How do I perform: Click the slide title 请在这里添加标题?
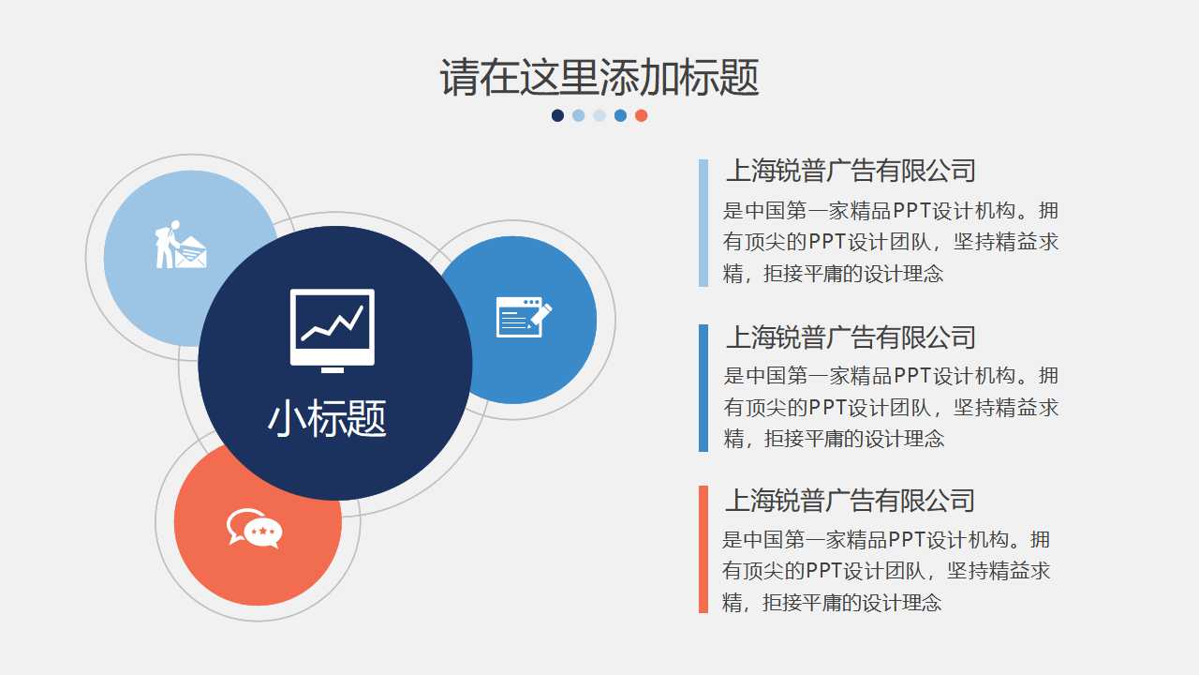click(x=599, y=77)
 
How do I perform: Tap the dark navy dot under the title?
click(x=557, y=115)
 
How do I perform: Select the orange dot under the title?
click(x=641, y=115)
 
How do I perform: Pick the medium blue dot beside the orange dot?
click(x=620, y=115)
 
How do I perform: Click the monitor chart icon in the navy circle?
click(x=333, y=329)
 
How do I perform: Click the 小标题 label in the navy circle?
click(x=327, y=418)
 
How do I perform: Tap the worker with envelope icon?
click(x=179, y=245)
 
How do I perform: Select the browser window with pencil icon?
click(x=523, y=317)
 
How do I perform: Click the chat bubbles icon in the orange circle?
click(x=254, y=528)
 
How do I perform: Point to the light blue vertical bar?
click(x=703, y=222)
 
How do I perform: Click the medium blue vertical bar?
click(x=703, y=387)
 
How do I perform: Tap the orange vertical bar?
click(x=703, y=549)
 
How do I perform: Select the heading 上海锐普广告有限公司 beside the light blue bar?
click(x=851, y=171)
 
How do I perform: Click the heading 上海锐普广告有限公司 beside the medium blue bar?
click(x=851, y=337)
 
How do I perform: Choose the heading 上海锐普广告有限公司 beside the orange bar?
click(x=850, y=501)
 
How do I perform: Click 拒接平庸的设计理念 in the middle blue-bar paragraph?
click(x=853, y=439)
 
